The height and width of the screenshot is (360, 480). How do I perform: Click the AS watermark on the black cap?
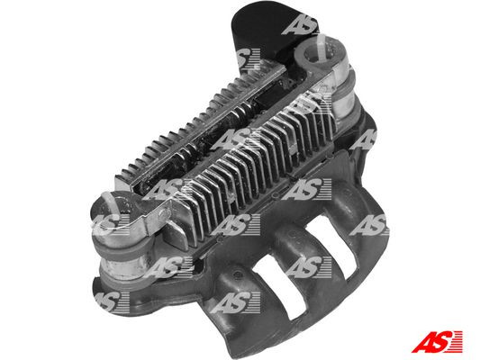click(x=300, y=24)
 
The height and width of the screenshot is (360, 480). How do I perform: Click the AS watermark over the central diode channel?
click(x=236, y=139)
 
